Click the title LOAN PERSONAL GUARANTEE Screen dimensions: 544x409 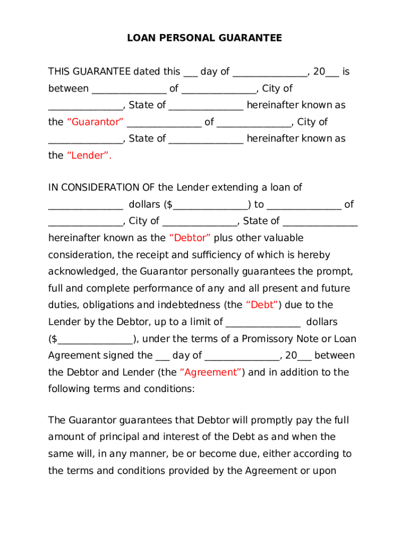point(204,38)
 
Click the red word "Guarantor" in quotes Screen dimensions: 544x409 point(95,122)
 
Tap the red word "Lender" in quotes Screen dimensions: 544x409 point(89,156)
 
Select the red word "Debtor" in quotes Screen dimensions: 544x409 point(190,237)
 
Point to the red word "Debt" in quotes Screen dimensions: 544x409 point(262,305)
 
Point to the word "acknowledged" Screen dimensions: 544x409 point(82,271)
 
